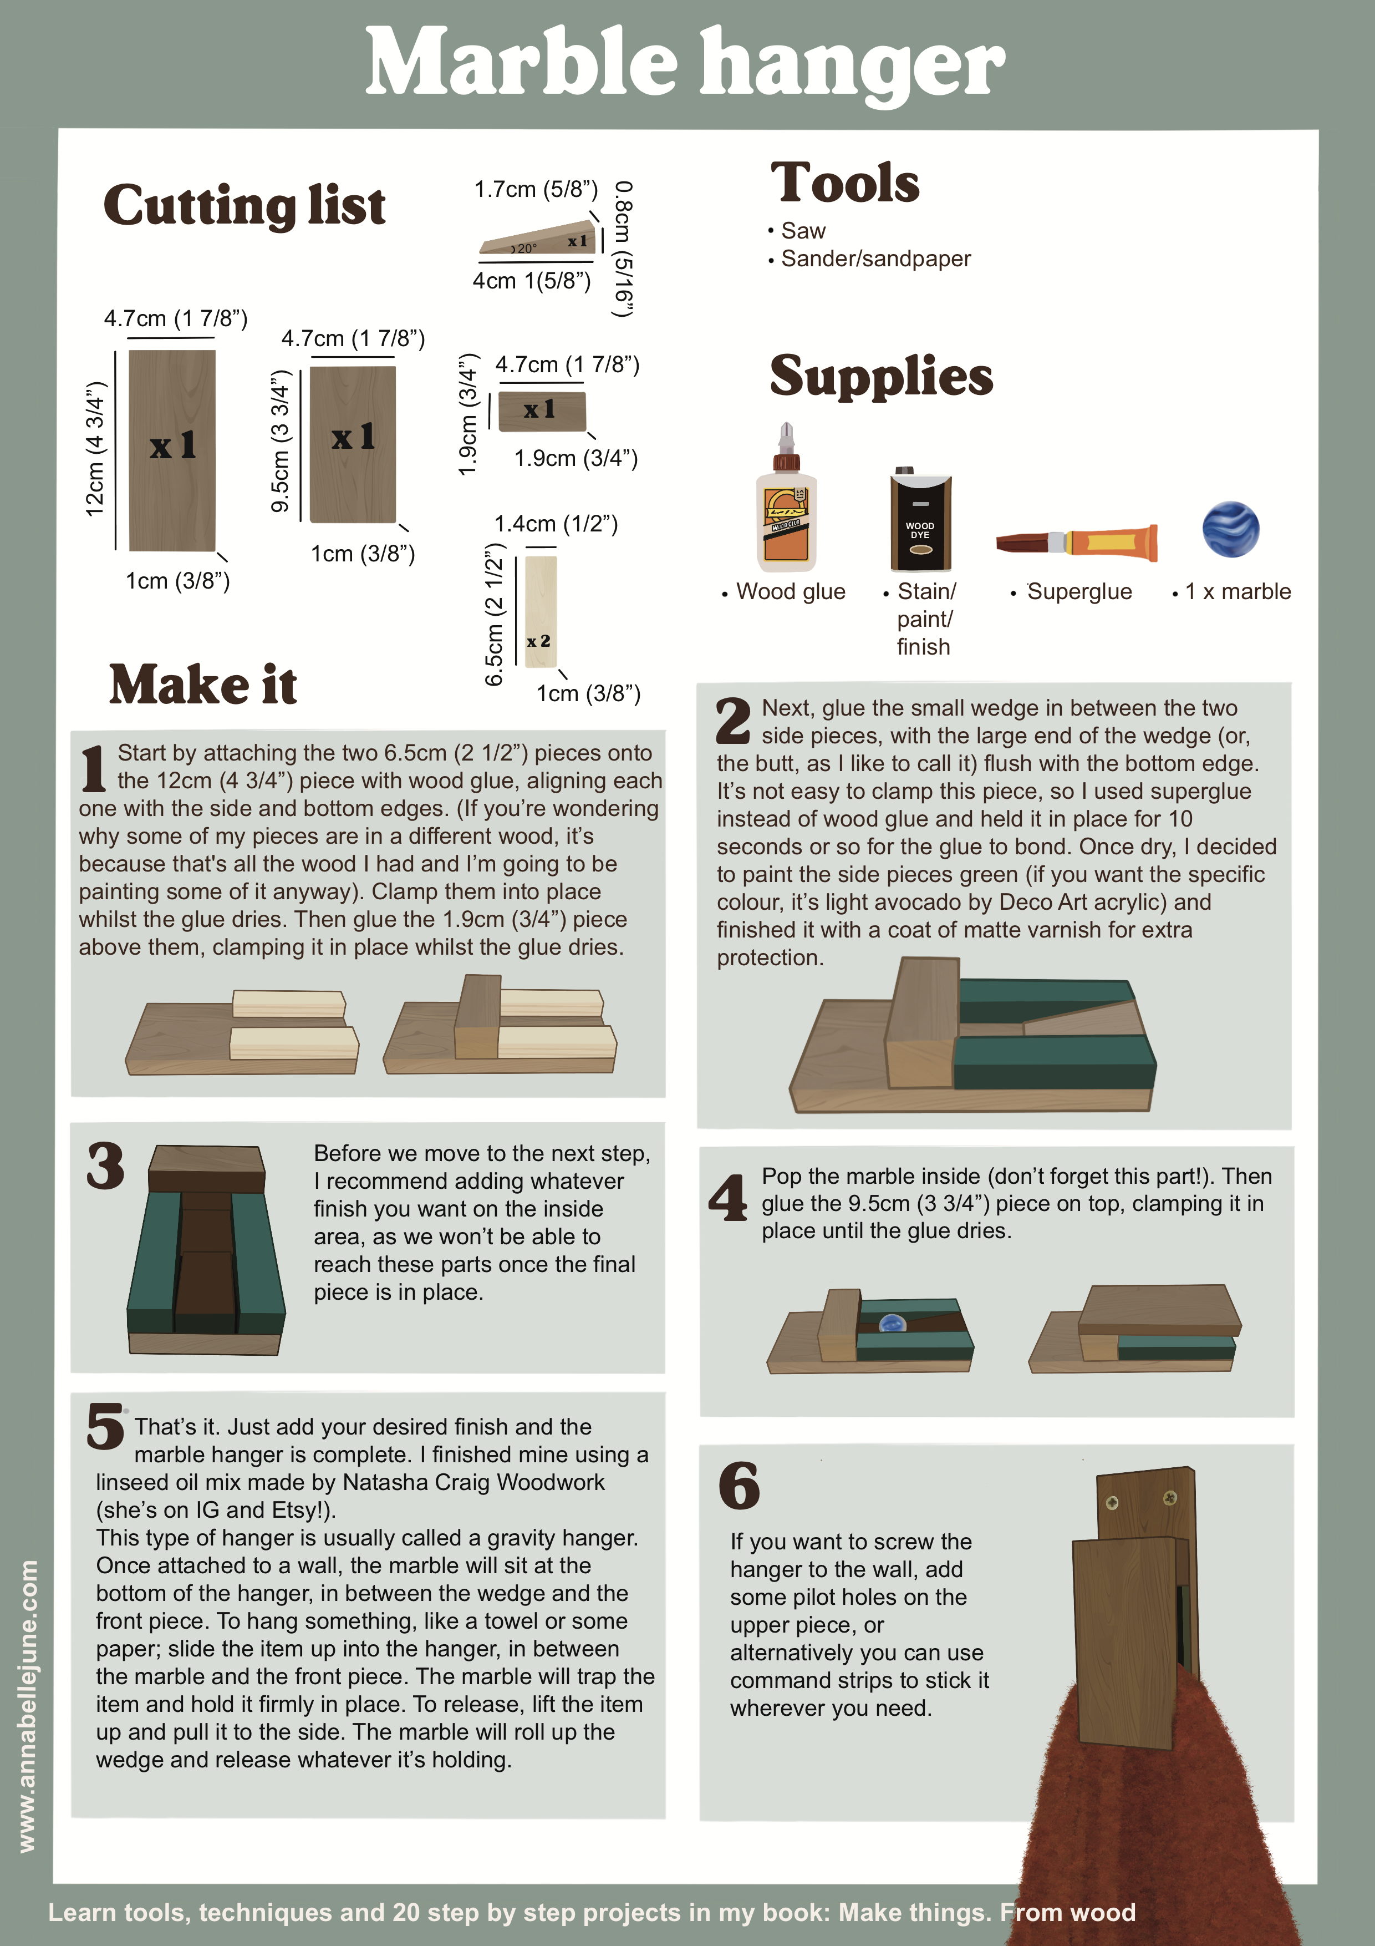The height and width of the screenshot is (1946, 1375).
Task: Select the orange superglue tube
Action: point(1077,541)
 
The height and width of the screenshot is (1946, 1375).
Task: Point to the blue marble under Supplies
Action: point(1230,529)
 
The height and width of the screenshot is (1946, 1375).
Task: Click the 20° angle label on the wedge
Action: point(524,249)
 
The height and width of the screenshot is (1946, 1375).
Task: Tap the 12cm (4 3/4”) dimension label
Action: point(95,448)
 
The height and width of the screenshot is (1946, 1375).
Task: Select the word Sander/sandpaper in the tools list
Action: point(876,259)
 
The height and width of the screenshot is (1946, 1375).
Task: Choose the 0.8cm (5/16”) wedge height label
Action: point(624,249)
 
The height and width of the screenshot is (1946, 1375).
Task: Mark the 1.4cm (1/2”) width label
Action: point(556,524)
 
